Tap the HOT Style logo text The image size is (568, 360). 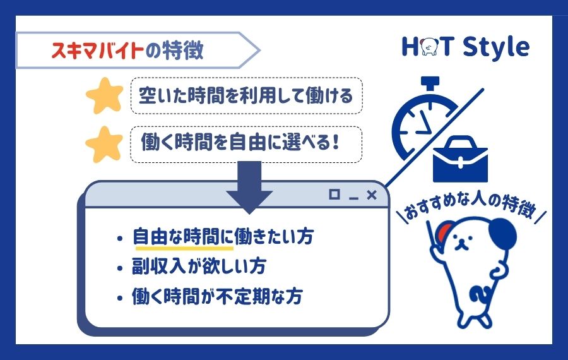pos(465,47)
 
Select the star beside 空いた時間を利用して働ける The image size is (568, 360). pos(104,95)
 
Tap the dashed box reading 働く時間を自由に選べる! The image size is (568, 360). pos(246,145)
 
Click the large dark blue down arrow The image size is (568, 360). pos(249,187)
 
